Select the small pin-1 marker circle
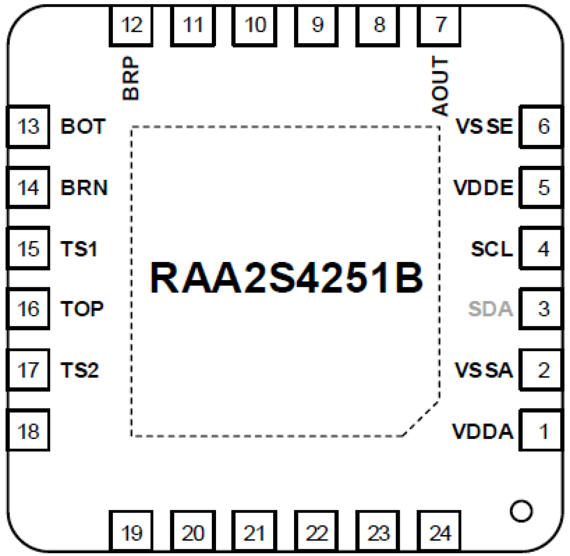pos(521,511)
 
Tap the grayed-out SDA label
pos(490,309)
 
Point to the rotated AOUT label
pos(440,86)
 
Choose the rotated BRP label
pos(131,78)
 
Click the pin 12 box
pos(131,25)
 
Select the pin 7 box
pos(439,25)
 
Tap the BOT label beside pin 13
pos(83,126)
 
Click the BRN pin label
pos(84,187)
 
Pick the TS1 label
pos(79,249)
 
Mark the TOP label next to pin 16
pos(82,309)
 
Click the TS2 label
pos(79,370)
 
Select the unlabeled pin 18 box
pos(28,430)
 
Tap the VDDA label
pos(483,431)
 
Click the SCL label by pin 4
pos(491,249)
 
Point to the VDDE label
pos(483,187)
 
